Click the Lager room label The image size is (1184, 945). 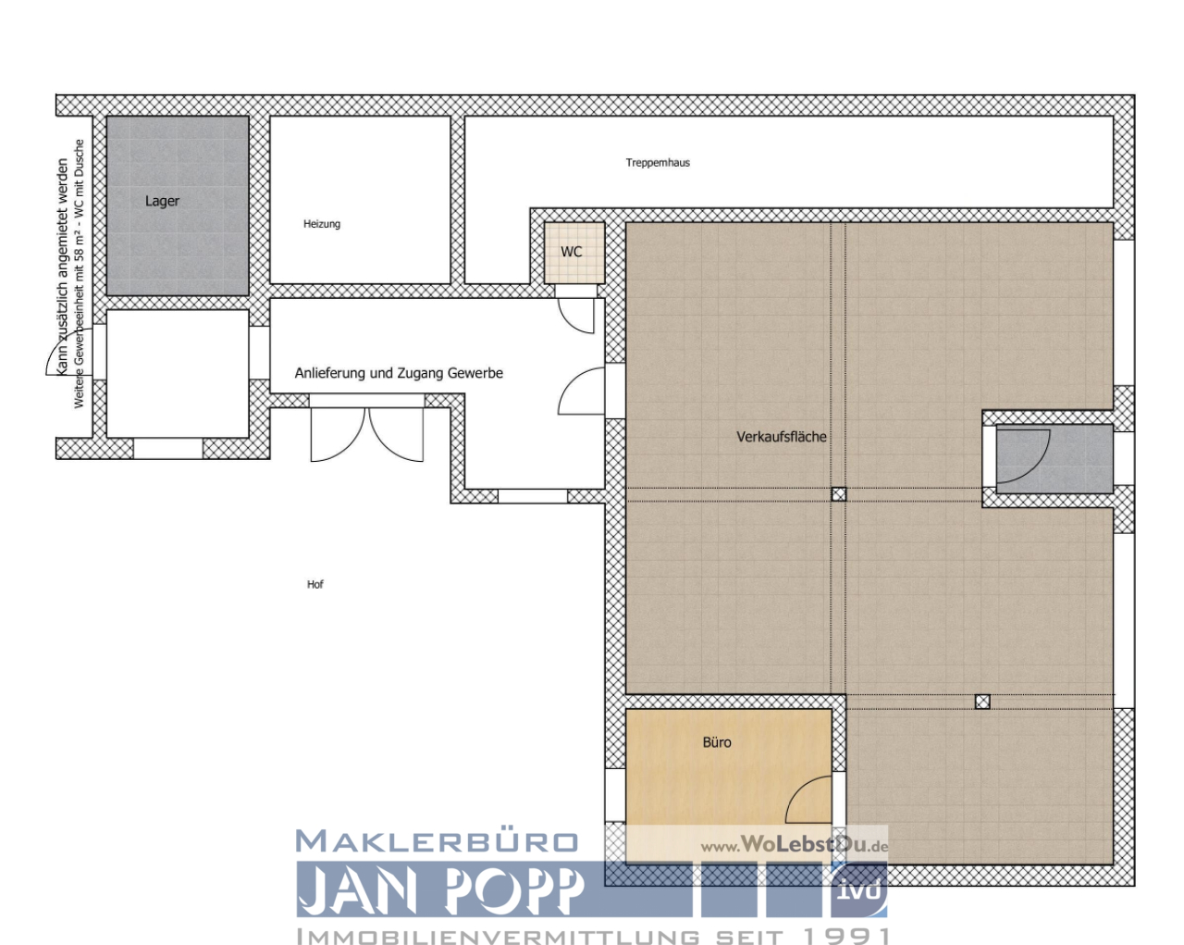[162, 201]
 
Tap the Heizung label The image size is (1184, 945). [322, 224]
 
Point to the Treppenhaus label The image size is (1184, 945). [658, 163]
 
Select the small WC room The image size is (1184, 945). [573, 252]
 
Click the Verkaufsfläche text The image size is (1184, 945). [782, 437]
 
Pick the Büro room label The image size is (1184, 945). [717, 742]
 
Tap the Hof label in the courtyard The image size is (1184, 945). [315, 584]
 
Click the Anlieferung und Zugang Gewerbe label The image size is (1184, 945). [399, 373]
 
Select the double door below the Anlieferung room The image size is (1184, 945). [367, 433]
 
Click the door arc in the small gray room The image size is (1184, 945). [1023, 457]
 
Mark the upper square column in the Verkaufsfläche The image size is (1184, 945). [838, 494]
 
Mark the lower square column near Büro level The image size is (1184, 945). [982, 702]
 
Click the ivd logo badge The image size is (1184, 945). [858, 889]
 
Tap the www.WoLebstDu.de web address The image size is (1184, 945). [794, 844]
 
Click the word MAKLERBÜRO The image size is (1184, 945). [437, 841]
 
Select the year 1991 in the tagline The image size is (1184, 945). [847, 936]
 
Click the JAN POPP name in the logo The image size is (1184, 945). [441, 890]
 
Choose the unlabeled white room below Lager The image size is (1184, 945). [178, 373]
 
